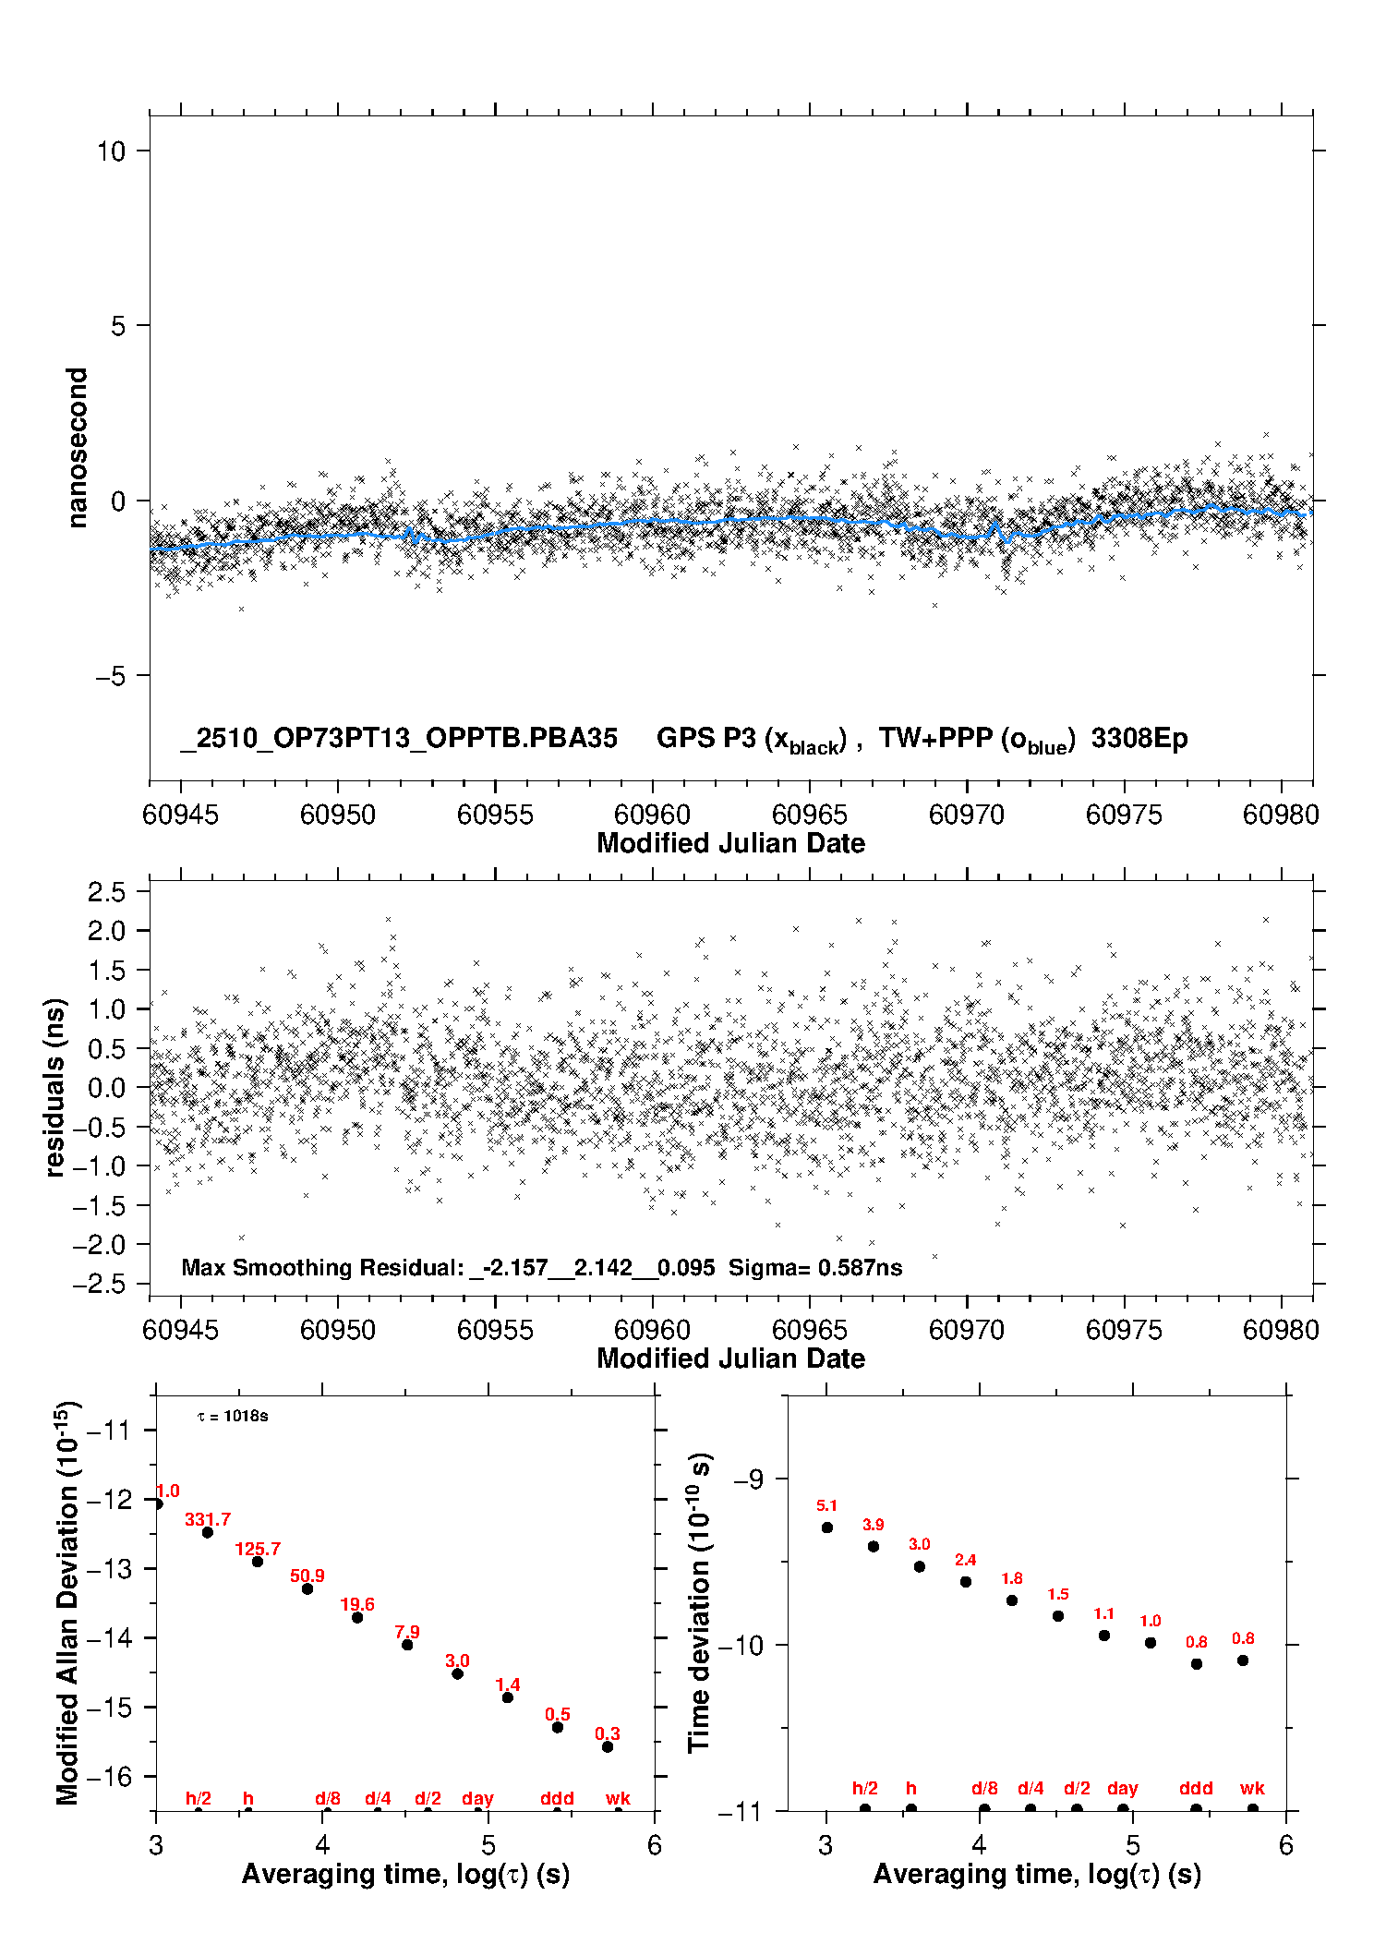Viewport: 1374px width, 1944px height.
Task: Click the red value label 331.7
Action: [207, 1519]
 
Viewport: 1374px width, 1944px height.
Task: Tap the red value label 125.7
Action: [258, 1549]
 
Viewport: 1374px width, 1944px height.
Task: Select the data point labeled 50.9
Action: [307, 1588]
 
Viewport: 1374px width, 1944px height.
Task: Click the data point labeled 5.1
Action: [827, 1527]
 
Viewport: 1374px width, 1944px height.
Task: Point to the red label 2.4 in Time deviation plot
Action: [965, 1560]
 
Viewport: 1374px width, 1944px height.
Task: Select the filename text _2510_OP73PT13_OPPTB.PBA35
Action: [399, 738]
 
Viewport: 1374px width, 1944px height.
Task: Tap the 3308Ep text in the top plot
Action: [1139, 738]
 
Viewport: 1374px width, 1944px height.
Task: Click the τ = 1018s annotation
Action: [233, 1417]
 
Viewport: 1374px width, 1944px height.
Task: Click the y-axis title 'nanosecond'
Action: [77, 448]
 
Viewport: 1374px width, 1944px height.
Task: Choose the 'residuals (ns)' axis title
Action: [55, 1087]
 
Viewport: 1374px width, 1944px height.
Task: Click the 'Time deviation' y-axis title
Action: [700, 1602]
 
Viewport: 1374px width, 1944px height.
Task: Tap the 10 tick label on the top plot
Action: [111, 151]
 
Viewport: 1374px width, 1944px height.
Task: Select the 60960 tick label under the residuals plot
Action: [652, 1330]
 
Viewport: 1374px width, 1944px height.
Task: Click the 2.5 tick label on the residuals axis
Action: [107, 892]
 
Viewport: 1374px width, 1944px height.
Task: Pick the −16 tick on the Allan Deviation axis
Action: [108, 1776]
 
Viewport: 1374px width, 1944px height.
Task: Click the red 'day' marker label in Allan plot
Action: [477, 1798]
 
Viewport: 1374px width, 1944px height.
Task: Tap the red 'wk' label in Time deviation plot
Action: [1252, 1789]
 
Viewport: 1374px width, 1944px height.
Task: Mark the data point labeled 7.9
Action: [407, 1645]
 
